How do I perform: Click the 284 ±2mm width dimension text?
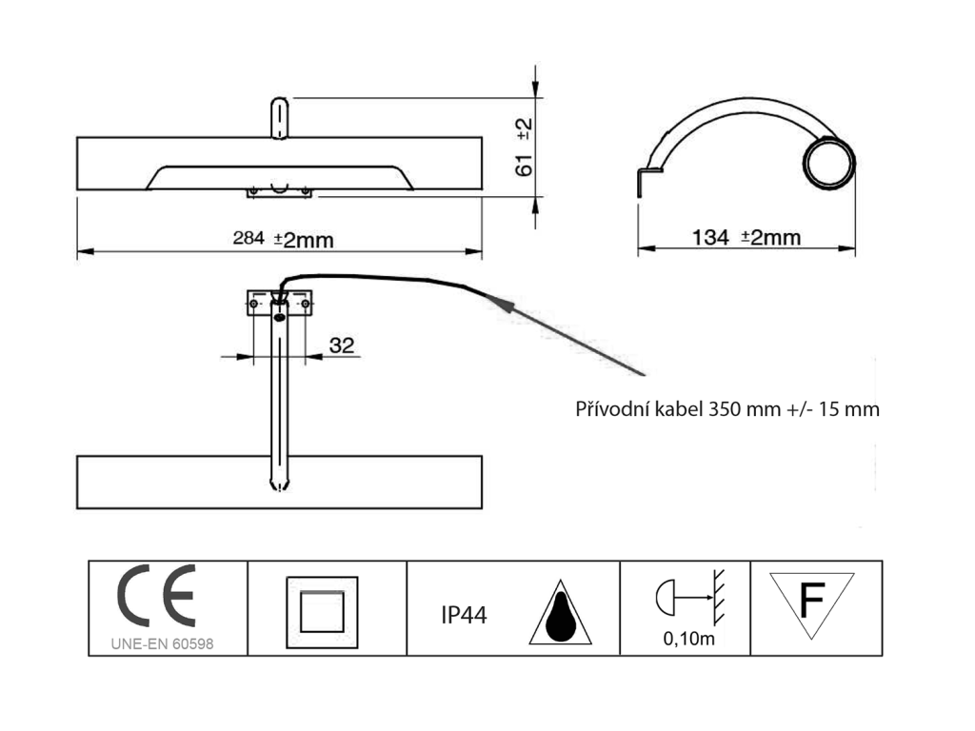(283, 239)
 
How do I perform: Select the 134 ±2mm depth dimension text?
(746, 237)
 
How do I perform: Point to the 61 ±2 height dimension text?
(525, 148)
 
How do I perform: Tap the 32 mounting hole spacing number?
(342, 345)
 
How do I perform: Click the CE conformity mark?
(157, 596)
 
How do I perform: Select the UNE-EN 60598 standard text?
(162, 644)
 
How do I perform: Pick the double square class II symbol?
(322, 612)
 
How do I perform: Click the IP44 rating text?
(464, 616)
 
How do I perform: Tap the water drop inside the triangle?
(560, 618)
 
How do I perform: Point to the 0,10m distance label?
(689, 639)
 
